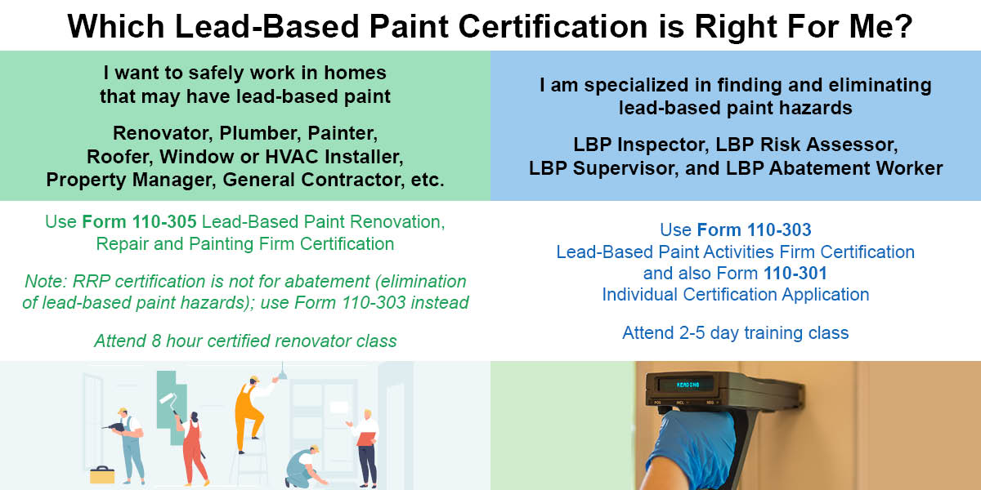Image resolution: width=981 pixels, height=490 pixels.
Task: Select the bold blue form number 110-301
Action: pos(795,273)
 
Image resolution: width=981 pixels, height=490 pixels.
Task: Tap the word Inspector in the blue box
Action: pos(663,145)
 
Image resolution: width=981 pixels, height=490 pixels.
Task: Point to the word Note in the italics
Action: pos(45,281)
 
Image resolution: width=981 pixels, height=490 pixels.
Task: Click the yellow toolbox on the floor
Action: pos(102,474)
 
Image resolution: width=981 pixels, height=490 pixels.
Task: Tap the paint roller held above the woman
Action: pos(170,401)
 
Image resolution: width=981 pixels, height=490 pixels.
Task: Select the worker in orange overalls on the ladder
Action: pos(252,413)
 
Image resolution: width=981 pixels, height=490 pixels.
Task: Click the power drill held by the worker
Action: pos(113,426)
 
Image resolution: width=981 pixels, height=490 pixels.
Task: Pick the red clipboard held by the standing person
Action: pos(366,439)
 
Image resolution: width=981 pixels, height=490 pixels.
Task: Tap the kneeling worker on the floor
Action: pos(305,467)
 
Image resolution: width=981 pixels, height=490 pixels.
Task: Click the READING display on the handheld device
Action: pos(688,385)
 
